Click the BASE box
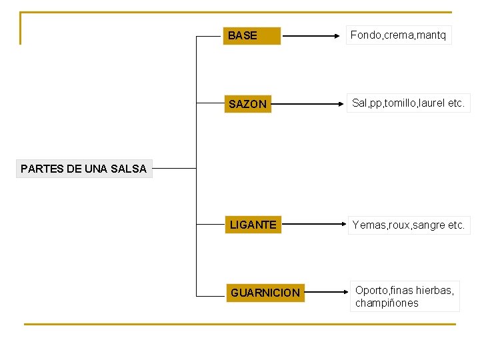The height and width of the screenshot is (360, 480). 251,35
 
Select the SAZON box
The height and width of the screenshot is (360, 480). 247,104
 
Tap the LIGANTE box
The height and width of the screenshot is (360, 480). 253,225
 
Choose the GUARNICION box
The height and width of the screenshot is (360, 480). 265,293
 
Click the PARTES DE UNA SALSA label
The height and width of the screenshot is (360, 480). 83,169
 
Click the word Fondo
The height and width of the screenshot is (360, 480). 363,35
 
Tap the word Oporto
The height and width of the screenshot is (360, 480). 371,290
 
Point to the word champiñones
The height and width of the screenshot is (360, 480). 387,303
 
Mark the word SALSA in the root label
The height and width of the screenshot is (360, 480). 130,169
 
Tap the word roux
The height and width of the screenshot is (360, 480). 399,225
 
